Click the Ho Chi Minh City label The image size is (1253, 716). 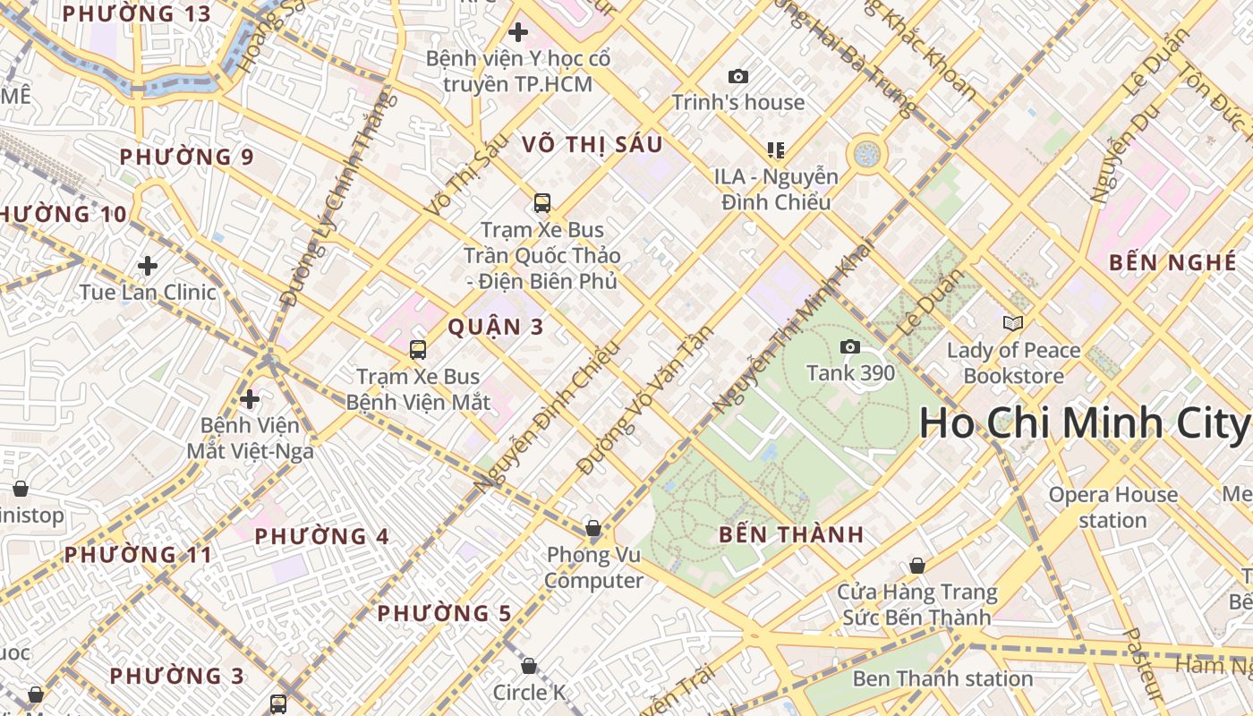coord(1085,422)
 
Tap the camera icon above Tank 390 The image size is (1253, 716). coord(849,346)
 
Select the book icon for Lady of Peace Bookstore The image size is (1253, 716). coord(1013,323)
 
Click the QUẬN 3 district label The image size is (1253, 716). coord(495,327)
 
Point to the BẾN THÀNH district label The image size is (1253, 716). coord(792,534)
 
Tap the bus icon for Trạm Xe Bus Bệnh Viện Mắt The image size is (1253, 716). coord(417,350)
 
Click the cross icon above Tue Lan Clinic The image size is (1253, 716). coord(148,265)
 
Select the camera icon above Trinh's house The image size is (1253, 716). coord(737,77)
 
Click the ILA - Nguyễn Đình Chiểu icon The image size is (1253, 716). coord(775,149)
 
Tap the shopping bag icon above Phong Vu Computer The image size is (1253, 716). coord(592,528)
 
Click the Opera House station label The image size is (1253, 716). coord(1112,507)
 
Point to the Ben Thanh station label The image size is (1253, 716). coord(942,678)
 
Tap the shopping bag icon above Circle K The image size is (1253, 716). coord(529,666)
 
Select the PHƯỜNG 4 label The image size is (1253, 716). coord(322,536)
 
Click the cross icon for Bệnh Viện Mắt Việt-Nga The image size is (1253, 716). coord(250,398)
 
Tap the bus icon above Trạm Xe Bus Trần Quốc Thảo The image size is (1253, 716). coord(541,203)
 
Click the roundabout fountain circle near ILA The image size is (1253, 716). coord(866,154)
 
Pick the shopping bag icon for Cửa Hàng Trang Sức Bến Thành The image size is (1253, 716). coord(916,566)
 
